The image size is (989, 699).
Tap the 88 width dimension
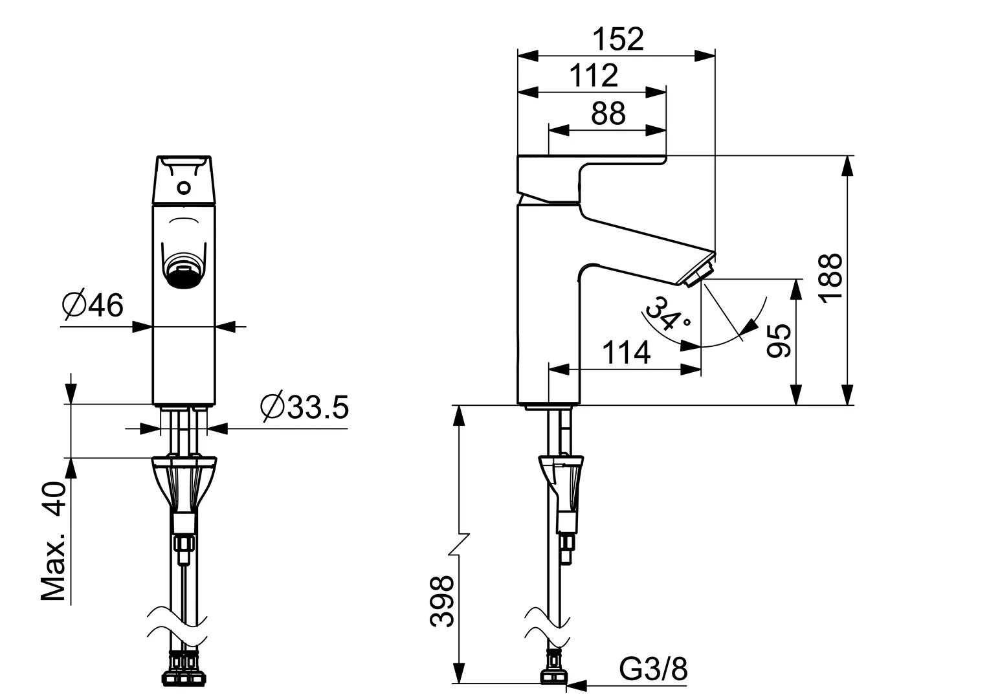coord(608,113)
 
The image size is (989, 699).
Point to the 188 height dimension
coord(830,276)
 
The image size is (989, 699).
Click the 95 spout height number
coord(779,341)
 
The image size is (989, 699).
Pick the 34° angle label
coord(667,315)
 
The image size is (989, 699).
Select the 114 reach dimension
coord(626,353)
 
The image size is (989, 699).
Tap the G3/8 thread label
coord(652,669)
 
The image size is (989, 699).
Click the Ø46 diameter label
coord(93,305)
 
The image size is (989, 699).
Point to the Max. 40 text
coord(54,541)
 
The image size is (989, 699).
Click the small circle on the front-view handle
coord(184,188)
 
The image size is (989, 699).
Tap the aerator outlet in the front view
coord(183,271)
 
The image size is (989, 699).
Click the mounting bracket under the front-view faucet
coord(184,482)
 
